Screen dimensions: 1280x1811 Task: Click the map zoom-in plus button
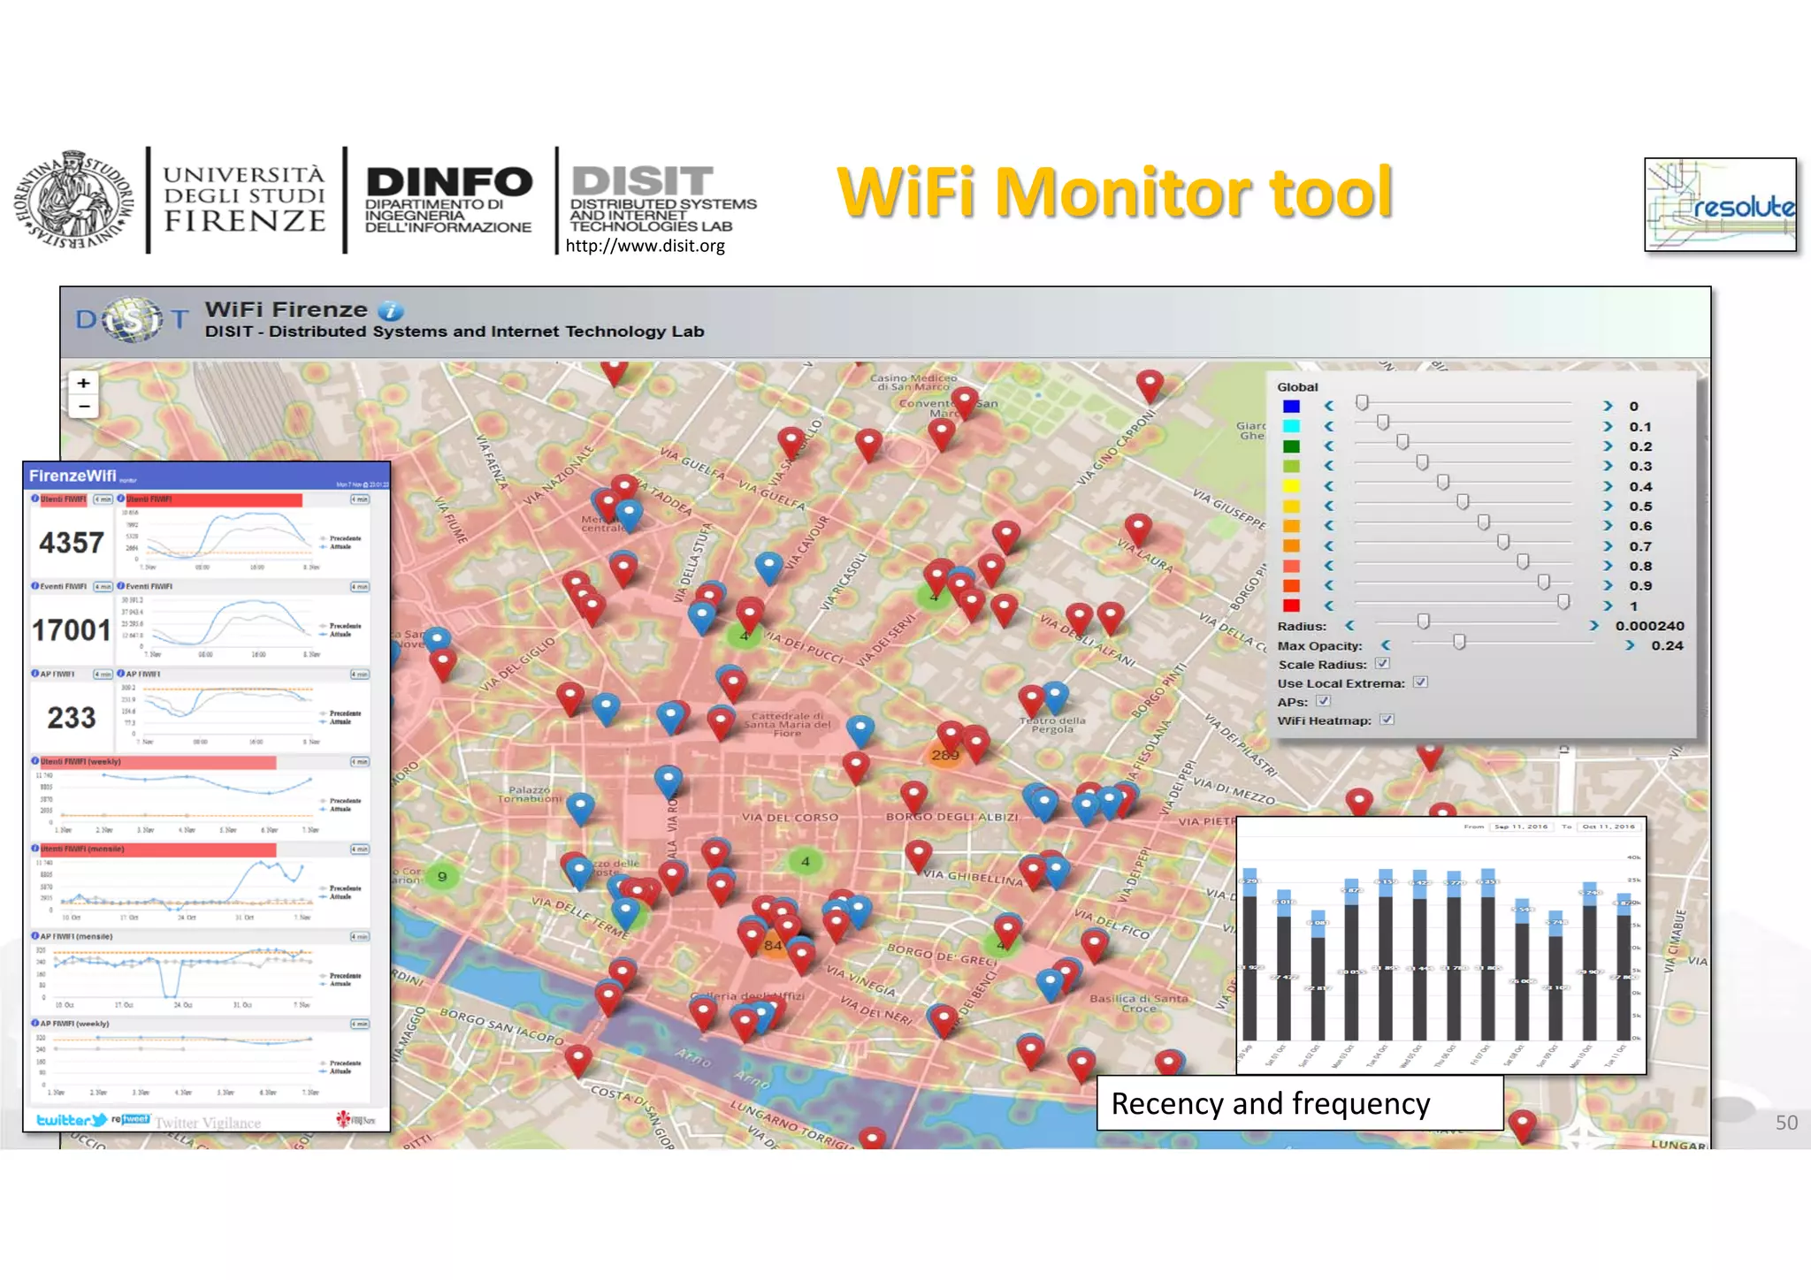click(x=83, y=383)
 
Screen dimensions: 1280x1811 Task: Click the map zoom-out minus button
click(x=83, y=407)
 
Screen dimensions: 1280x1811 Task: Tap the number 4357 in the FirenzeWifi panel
click(x=72, y=543)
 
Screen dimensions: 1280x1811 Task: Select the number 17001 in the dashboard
click(x=72, y=630)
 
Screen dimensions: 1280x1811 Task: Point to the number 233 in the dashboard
click(x=72, y=718)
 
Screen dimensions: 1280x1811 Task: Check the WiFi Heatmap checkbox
click(x=1387, y=720)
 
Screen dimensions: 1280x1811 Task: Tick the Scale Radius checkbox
click(x=1382, y=664)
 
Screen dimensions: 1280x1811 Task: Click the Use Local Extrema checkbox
click(x=1420, y=682)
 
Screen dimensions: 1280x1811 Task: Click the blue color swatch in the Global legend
click(x=1291, y=407)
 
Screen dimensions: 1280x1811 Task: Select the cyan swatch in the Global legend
click(x=1291, y=426)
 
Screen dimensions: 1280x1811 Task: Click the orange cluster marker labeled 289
click(x=945, y=755)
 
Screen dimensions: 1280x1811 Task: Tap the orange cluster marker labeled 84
click(x=774, y=945)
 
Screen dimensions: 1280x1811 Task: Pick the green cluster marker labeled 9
click(x=442, y=877)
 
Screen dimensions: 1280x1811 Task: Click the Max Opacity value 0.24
click(x=1667, y=645)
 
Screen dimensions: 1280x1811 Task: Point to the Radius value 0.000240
click(x=1649, y=626)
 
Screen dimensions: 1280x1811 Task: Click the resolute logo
click(x=1720, y=205)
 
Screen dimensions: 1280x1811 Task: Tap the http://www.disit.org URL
click(x=645, y=246)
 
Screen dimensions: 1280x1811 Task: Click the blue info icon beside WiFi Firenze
click(x=390, y=311)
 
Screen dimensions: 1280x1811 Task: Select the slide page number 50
click(x=1786, y=1123)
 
